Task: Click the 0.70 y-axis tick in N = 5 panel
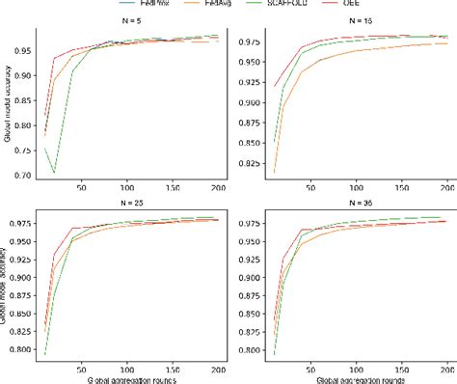pyautogui.click(x=40, y=175)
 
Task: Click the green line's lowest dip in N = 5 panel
pyautogui.click(x=54, y=172)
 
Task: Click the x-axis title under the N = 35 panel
pyautogui.click(x=353, y=378)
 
